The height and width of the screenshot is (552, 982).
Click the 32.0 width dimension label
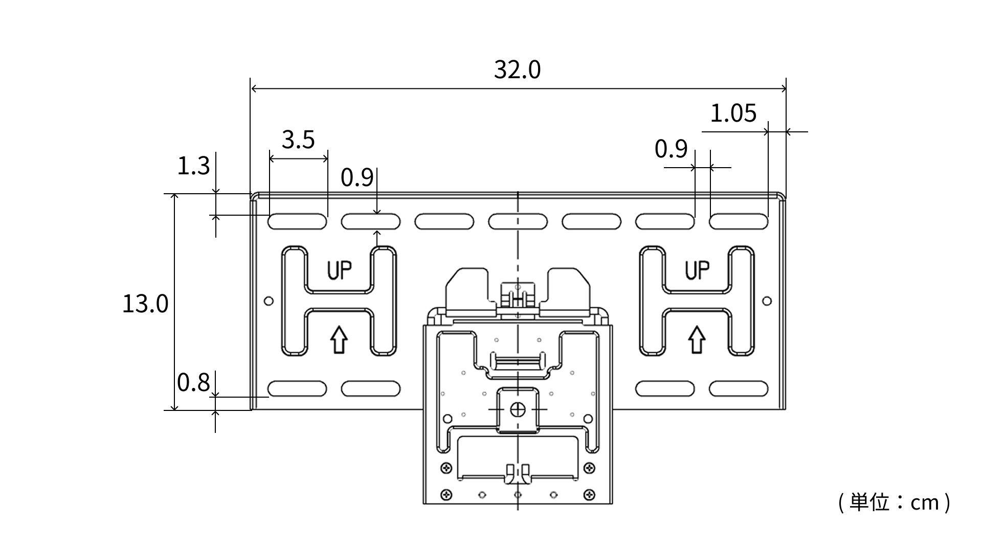point(517,70)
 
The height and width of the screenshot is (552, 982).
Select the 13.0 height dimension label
point(145,304)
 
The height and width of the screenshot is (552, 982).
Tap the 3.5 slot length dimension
point(298,140)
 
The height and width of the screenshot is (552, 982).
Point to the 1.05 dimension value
point(733,113)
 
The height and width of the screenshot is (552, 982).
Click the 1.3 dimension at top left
point(193,166)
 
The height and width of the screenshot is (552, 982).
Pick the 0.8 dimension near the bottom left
point(193,382)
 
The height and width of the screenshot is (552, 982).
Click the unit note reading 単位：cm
point(895,503)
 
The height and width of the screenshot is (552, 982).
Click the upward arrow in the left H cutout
point(339,340)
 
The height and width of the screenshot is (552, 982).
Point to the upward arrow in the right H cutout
point(697,340)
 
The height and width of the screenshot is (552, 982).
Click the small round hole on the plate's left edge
point(269,301)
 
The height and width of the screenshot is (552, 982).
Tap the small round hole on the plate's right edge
point(767,301)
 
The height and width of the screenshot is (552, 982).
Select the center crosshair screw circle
point(518,409)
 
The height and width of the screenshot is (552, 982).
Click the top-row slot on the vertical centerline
point(518,221)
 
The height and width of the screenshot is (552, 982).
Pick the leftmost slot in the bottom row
point(297,389)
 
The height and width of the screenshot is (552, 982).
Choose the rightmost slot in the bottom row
point(739,389)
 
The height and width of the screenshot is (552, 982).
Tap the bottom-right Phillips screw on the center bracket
point(589,495)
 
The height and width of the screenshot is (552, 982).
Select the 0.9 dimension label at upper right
point(671,149)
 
